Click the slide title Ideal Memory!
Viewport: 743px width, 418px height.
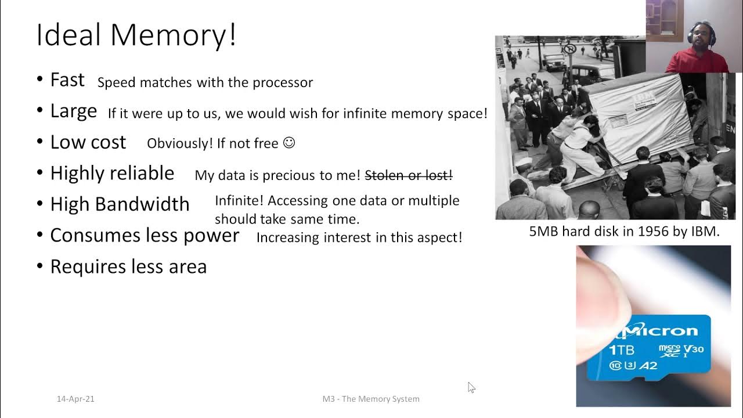[x=136, y=35]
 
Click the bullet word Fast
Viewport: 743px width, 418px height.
[x=67, y=80]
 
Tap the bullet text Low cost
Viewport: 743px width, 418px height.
[x=88, y=142]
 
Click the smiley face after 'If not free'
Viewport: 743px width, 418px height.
[x=289, y=143]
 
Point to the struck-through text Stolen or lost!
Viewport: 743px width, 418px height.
[x=409, y=175]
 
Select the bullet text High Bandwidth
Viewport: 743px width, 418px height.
[x=120, y=204]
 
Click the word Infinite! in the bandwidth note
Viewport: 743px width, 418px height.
[x=239, y=201]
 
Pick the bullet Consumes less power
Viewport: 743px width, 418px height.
[x=145, y=235]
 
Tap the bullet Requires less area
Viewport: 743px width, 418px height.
[x=128, y=266]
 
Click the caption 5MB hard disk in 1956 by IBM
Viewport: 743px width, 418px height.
[x=624, y=232]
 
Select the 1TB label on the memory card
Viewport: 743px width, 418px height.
[x=621, y=349]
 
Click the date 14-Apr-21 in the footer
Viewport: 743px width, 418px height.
[x=75, y=399]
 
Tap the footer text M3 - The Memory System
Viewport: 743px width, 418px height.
[x=371, y=399]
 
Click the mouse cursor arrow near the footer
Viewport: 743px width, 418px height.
[x=471, y=387]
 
